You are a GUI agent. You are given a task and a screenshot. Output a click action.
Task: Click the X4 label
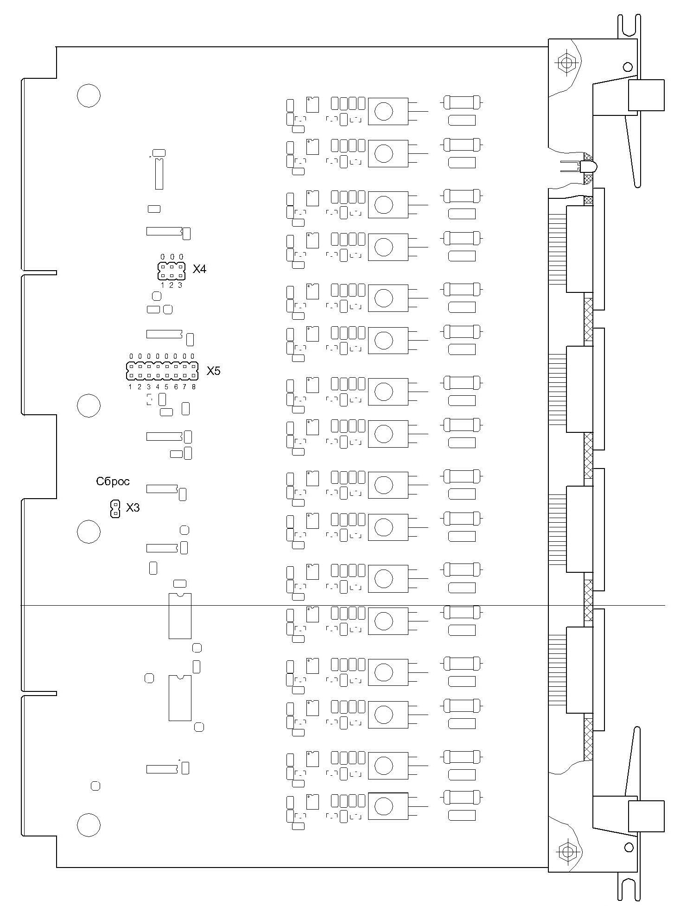point(199,269)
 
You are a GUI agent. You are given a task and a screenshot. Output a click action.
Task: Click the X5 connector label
point(213,371)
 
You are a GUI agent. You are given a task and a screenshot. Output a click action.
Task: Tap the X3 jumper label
point(133,508)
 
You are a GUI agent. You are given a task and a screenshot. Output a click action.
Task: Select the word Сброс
point(113,481)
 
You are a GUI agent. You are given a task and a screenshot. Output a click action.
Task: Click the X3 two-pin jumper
point(115,509)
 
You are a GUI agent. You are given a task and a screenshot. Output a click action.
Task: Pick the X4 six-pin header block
point(172,271)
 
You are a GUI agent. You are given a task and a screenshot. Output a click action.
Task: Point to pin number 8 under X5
point(194,386)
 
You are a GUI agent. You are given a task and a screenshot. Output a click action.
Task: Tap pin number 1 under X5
point(130,386)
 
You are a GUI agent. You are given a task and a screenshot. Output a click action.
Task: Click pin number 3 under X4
point(180,285)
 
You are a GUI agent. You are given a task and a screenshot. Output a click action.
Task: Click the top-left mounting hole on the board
point(89,96)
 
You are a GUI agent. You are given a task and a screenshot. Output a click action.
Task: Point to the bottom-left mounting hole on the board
point(89,824)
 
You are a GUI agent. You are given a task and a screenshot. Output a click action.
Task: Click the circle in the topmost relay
point(384,111)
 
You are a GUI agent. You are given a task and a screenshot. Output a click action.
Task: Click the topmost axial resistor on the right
point(462,102)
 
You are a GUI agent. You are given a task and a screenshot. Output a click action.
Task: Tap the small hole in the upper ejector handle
point(628,67)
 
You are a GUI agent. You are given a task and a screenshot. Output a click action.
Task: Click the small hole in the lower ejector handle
point(629,848)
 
